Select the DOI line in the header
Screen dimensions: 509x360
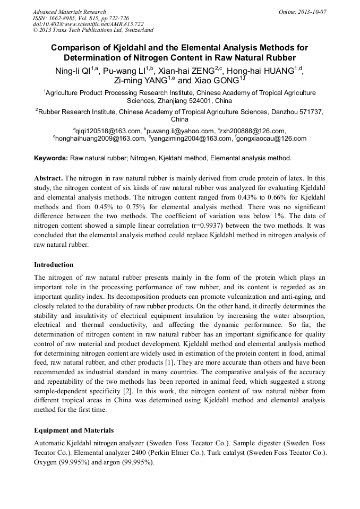pos(88,24)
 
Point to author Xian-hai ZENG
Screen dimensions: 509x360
pos(182,71)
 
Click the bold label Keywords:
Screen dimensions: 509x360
pos(51,158)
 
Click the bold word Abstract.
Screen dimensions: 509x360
pos(48,178)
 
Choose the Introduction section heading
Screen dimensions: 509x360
pos(54,264)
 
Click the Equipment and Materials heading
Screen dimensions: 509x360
pos(73,430)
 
